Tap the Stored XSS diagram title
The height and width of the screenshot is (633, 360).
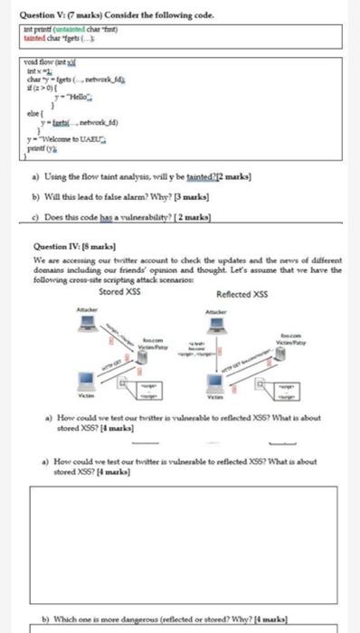[x=124, y=292]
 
